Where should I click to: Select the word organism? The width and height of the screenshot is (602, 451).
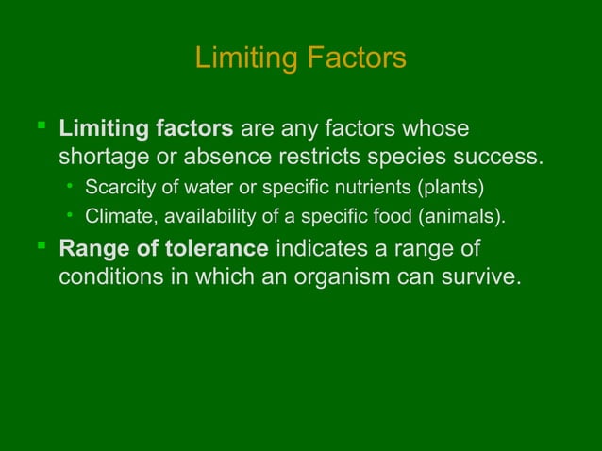click(x=360, y=279)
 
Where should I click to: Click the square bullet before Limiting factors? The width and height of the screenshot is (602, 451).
click(x=40, y=125)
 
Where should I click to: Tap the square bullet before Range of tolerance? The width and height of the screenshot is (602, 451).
click(x=40, y=248)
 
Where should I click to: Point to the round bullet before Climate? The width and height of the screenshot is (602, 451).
click(x=70, y=215)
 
